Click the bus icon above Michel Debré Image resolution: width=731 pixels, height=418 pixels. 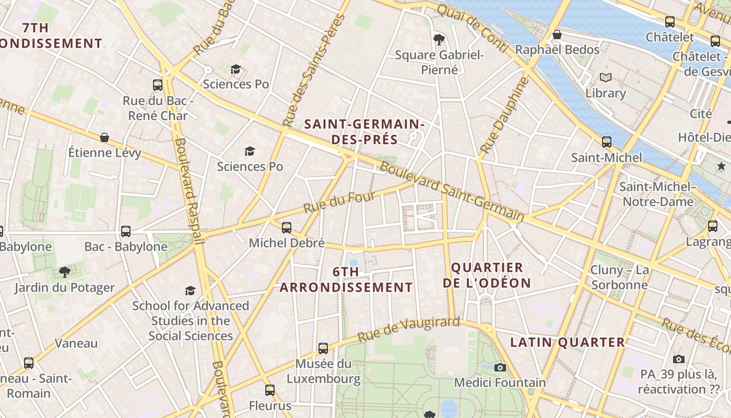(x=286, y=227)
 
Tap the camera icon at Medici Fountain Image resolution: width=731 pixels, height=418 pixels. (x=500, y=367)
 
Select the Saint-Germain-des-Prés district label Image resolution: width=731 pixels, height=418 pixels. (x=364, y=132)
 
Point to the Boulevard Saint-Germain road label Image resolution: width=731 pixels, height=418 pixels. (x=452, y=192)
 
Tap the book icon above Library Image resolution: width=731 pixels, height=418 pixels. (x=605, y=78)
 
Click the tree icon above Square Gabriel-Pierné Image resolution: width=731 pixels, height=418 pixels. (x=439, y=39)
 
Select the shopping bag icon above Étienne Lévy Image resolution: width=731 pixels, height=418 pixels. (x=104, y=137)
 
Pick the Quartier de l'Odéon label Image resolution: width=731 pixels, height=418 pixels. (x=487, y=275)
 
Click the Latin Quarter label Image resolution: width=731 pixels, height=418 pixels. (x=568, y=342)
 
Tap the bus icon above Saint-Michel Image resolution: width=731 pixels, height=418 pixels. (x=606, y=142)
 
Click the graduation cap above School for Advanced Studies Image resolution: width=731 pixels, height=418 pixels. (x=190, y=291)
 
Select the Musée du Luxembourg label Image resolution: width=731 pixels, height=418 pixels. (x=323, y=371)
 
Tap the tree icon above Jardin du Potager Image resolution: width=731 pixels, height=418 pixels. (x=65, y=272)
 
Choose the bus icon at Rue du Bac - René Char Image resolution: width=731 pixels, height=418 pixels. (x=158, y=85)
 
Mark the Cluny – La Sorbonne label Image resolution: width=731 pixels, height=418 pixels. (x=619, y=277)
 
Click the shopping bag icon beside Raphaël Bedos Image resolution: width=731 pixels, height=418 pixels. (x=557, y=34)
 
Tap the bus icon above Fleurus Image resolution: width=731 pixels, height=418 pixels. (x=269, y=390)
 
